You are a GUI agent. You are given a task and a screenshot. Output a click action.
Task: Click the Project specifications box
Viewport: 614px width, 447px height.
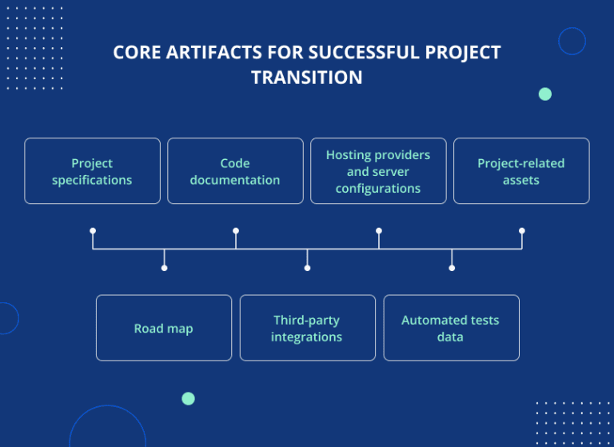click(x=92, y=171)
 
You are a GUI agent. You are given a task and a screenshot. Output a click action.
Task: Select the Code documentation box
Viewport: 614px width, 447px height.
click(x=235, y=171)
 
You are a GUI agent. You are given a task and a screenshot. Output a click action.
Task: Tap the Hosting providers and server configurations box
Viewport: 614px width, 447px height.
click(x=378, y=171)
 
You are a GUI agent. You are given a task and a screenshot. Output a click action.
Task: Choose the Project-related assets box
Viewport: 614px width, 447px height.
click(x=521, y=171)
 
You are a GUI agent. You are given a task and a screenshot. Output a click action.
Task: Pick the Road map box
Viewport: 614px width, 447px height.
click(x=164, y=328)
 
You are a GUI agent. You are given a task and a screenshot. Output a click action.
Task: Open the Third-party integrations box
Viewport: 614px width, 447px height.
click(x=307, y=328)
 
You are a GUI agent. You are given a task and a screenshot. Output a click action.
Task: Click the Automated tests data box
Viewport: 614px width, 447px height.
click(x=451, y=328)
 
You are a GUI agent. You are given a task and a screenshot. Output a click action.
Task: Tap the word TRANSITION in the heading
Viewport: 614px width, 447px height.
click(x=307, y=78)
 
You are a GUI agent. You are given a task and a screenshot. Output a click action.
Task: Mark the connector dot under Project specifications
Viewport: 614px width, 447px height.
click(x=93, y=230)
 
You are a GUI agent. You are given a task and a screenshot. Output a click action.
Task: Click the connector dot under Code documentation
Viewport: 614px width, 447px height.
click(x=236, y=230)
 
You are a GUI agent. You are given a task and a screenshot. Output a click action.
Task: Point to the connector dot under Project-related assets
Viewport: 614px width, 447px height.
click(x=522, y=230)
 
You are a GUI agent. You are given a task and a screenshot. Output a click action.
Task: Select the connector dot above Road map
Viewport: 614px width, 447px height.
click(x=164, y=268)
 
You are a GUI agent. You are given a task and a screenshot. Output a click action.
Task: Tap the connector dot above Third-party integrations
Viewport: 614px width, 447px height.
click(x=307, y=268)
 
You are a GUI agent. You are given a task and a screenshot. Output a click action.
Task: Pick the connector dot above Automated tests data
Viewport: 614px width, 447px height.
click(x=452, y=268)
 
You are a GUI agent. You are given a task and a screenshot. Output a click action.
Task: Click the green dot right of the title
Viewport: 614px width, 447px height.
click(x=545, y=94)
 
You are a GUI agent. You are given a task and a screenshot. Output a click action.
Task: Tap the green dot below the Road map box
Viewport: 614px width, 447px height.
click(x=188, y=398)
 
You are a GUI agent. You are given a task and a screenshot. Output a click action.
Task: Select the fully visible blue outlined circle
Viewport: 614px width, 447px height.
click(x=572, y=41)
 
